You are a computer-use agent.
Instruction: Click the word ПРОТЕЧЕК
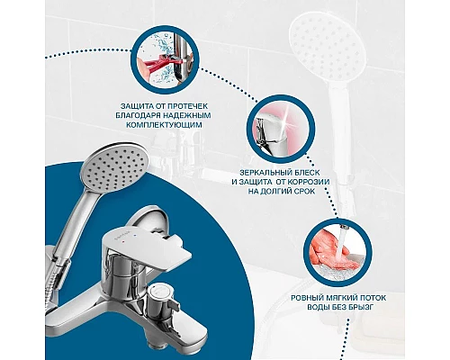click(188, 106)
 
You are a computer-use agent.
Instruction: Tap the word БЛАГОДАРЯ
click(138, 115)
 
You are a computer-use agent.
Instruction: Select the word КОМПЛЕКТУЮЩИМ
click(164, 125)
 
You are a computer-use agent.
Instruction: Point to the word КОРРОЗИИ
click(308, 182)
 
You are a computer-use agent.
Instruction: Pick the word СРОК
click(304, 192)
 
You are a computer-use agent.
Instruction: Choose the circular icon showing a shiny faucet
click(281, 129)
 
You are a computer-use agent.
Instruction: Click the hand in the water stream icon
click(331, 251)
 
